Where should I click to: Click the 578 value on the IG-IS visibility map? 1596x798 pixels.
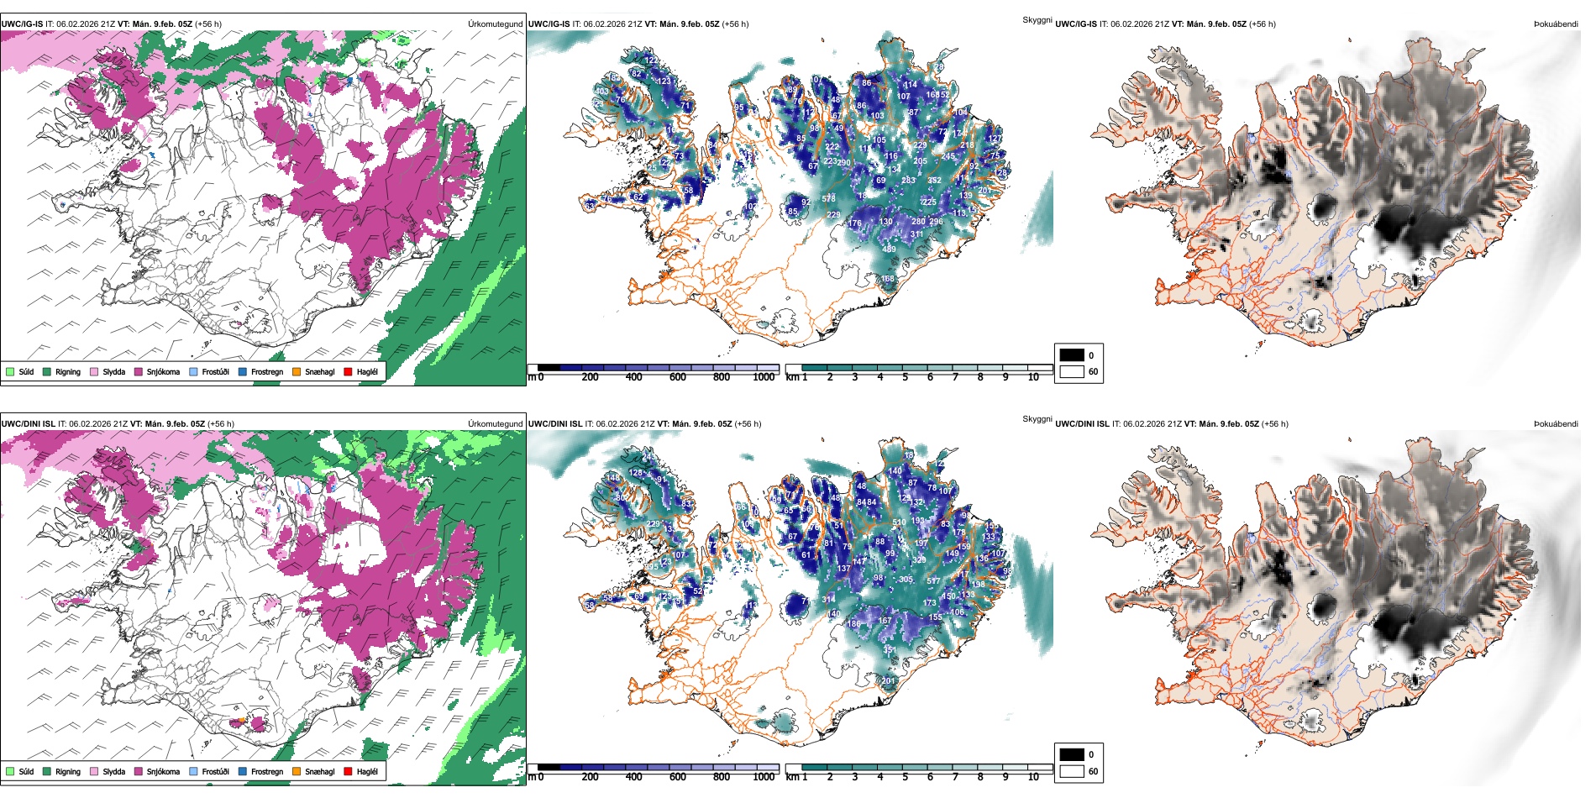tap(828, 198)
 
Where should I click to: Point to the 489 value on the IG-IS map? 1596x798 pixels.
tap(889, 249)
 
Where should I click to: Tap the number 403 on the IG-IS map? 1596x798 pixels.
tap(601, 92)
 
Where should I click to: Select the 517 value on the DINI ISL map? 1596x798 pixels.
tap(933, 580)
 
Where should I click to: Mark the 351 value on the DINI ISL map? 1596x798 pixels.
tap(890, 649)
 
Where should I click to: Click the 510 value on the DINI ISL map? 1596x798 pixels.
tap(899, 522)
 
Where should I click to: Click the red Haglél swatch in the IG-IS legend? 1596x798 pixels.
tap(348, 371)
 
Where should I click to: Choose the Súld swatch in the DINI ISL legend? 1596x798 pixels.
tap(10, 771)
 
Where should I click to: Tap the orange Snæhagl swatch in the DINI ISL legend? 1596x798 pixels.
tap(297, 771)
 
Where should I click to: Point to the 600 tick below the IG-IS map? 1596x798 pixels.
tap(677, 377)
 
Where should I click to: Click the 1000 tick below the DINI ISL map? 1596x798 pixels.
tap(764, 777)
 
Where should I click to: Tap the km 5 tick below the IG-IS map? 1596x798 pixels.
tap(905, 377)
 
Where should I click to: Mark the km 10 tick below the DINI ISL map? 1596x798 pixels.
tap(1033, 777)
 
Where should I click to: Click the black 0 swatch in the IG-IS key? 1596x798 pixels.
tap(1072, 355)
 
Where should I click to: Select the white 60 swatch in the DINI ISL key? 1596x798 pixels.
tap(1072, 771)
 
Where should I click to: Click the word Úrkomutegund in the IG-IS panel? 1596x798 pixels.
tap(495, 24)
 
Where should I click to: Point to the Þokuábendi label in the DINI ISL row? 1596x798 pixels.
tap(1556, 424)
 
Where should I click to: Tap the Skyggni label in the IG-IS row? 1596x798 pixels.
tap(1037, 19)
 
